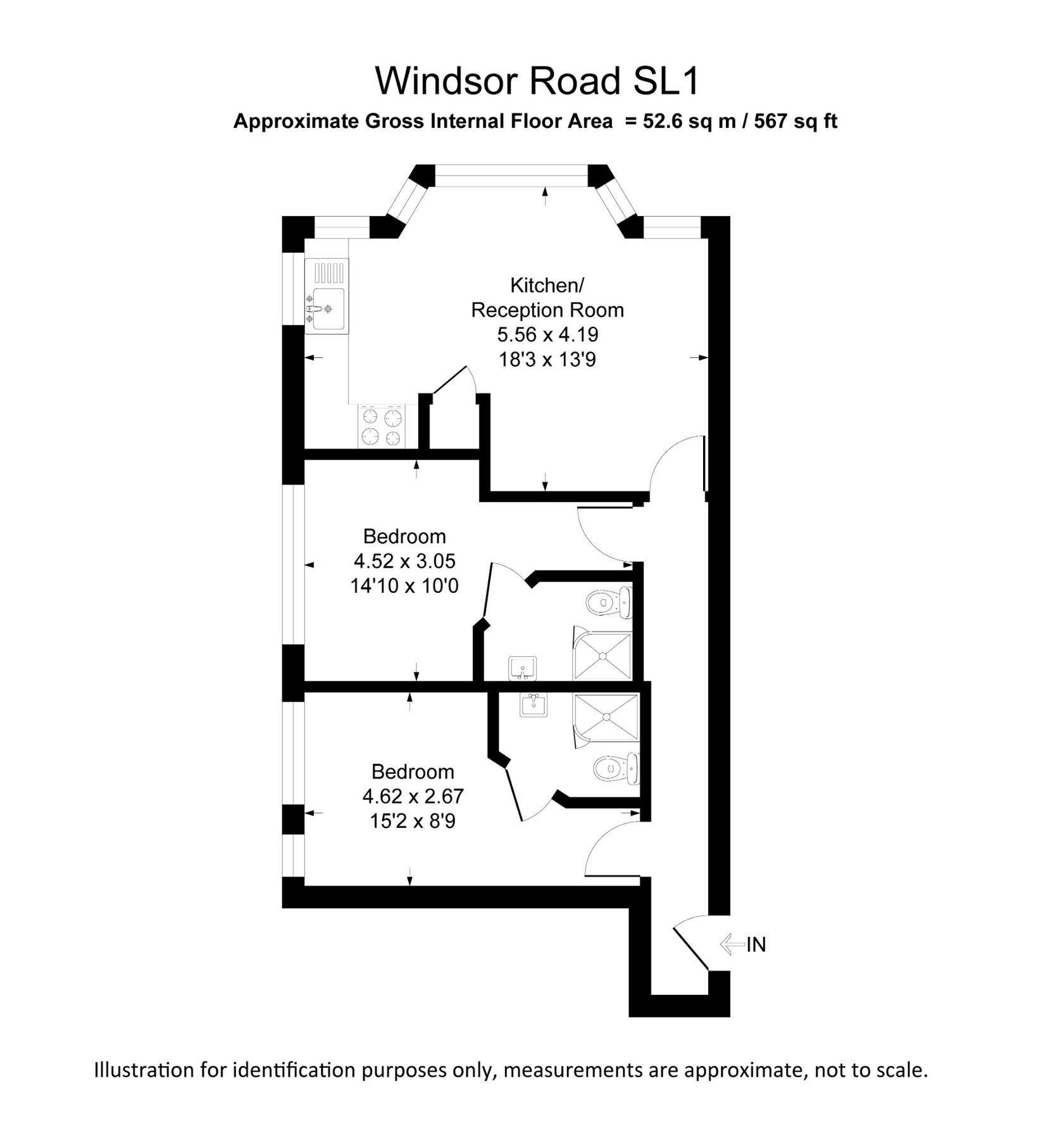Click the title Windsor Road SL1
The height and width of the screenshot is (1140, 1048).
click(537, 81)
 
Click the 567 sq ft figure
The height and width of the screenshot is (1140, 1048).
click(795, 121)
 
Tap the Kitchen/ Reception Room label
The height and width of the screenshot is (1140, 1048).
click(547, 298)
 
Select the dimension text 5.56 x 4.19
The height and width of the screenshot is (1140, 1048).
click(547, 334)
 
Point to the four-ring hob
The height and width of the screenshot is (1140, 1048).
click(381, 427)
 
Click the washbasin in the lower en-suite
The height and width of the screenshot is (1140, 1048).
click(533, 704)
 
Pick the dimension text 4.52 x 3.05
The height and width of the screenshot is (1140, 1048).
click(404, 561)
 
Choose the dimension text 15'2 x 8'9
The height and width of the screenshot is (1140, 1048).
click(413, 821)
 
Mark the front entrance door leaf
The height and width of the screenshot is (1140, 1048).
click(691, 947)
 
